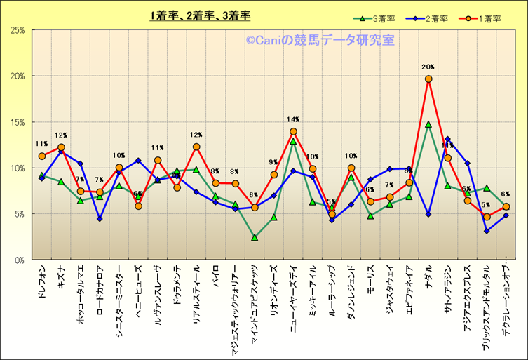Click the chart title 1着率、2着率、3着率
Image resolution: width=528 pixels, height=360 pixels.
[200, 15]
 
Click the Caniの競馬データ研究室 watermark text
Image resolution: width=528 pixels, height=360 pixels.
[320, 41]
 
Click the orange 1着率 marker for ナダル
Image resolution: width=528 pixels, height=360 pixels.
[428, 79]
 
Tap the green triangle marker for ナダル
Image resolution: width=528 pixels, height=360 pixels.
[428, 124]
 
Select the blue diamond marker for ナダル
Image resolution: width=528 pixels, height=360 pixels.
[428, 214]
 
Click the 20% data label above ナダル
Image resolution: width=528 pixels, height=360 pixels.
[428, 67]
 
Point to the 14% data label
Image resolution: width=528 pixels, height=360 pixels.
[293, 120]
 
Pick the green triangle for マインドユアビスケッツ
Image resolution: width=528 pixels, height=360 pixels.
[255, 237]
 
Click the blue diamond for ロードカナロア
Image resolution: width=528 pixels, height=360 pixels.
[100, 219]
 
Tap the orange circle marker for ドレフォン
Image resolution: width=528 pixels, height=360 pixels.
[42, 156]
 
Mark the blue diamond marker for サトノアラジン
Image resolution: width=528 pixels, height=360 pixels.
[447, 140]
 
